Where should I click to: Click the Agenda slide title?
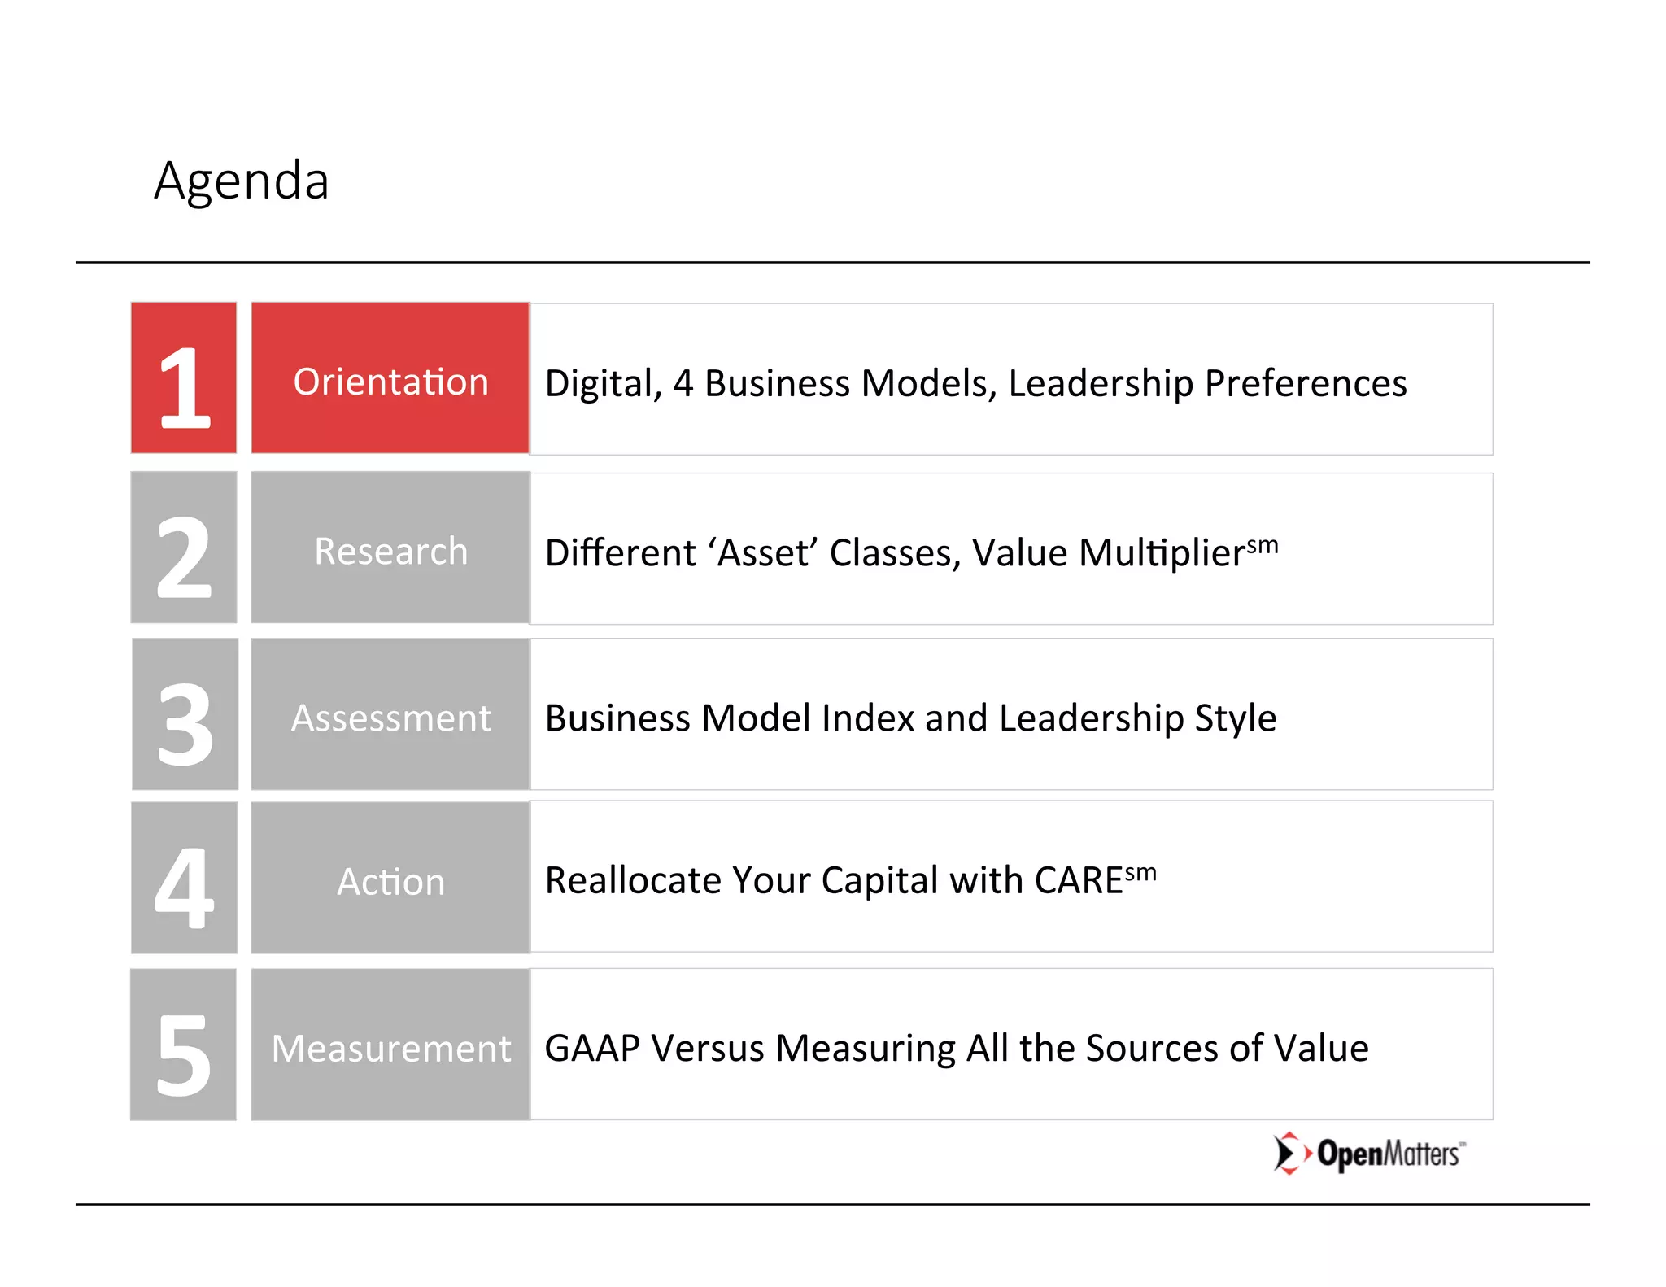click(242, 181)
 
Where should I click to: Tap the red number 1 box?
click(184, 378)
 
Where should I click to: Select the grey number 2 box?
click(184, 548)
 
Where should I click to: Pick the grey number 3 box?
click(185, 714)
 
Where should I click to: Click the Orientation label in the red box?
click(390, 382)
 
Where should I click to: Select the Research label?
click(390, 552)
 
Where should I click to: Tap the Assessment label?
click(390, 718)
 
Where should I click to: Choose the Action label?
click(390, 882)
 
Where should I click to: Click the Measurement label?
click(390, 1049)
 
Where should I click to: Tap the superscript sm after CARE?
click(1140, 873)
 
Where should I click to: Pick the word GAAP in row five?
click(592, 1049)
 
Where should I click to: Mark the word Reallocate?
click(632, 881)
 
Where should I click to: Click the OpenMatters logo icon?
click(1290, 1153)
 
